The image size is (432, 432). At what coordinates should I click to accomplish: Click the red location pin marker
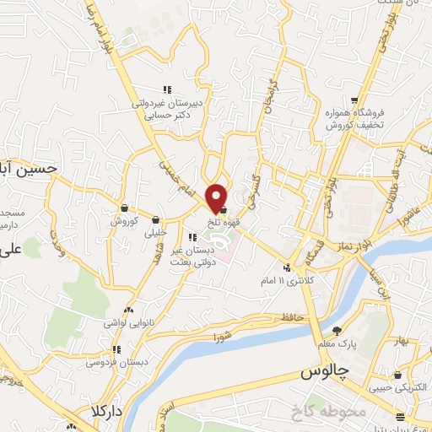pos(217,198)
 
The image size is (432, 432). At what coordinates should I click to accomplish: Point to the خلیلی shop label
pos(157,232)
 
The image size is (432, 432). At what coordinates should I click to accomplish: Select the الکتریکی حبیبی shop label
pos(394,388)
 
